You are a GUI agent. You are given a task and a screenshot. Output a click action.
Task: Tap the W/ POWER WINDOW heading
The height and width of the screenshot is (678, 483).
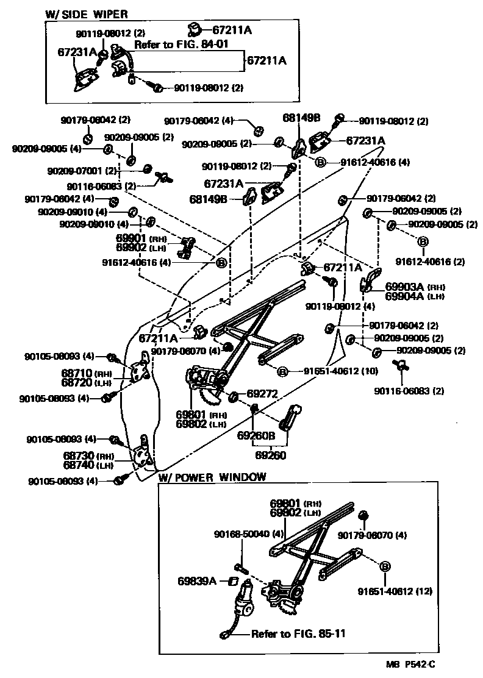212,477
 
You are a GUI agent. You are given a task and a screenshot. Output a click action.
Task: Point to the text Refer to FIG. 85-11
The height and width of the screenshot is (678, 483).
298,633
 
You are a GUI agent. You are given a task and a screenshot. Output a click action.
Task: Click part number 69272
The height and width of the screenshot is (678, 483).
262,394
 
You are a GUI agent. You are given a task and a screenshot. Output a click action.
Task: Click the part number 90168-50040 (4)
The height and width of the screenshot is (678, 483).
241,533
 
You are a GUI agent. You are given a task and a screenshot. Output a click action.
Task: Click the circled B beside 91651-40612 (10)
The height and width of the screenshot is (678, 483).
282,371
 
